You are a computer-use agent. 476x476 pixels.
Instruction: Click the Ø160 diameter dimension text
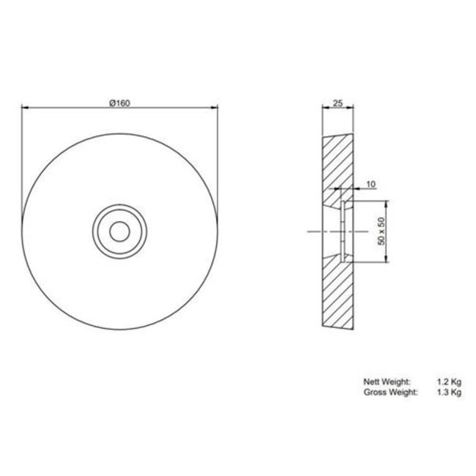pyautogui.click(x=119, y=103)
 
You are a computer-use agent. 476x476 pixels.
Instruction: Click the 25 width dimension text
pyautogui.click(x=338, y=103)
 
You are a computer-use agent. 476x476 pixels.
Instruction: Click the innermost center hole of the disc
pyautogui.click(x=119, y=230)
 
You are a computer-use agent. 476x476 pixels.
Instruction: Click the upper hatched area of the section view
pyautogui.click(x=336, y=165)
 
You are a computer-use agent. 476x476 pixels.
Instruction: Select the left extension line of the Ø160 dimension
pyautogui.click(x=22, y=161)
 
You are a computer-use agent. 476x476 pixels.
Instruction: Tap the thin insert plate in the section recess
pyautogui.click(x=342, y=230)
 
